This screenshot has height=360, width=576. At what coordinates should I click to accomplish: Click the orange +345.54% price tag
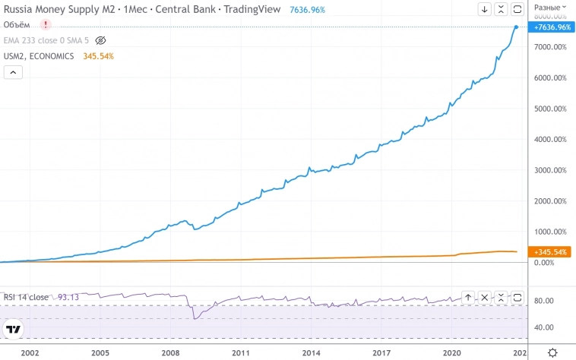point(552,251)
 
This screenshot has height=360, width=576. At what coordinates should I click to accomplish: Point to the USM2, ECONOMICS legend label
point(39,56)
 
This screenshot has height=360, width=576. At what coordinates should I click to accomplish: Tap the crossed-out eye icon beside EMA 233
point(101,40)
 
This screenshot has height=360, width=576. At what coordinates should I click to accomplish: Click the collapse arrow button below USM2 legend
point(14,72)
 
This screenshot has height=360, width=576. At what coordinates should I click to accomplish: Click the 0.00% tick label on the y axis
point(544,263)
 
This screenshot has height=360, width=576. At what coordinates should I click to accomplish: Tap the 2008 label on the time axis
point(170,353)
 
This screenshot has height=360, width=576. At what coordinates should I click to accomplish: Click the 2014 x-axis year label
point(311,353)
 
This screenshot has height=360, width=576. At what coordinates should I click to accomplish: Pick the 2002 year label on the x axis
point(30,353)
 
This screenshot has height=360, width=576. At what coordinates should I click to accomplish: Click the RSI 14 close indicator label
point(25,297)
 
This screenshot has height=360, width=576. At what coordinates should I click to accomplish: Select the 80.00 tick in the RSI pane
point(544,301)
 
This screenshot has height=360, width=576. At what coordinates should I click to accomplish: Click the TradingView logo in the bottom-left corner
point(13,330)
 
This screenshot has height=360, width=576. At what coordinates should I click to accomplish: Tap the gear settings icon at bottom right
point(552,352)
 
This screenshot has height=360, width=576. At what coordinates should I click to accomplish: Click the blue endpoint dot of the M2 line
point(517,27)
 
